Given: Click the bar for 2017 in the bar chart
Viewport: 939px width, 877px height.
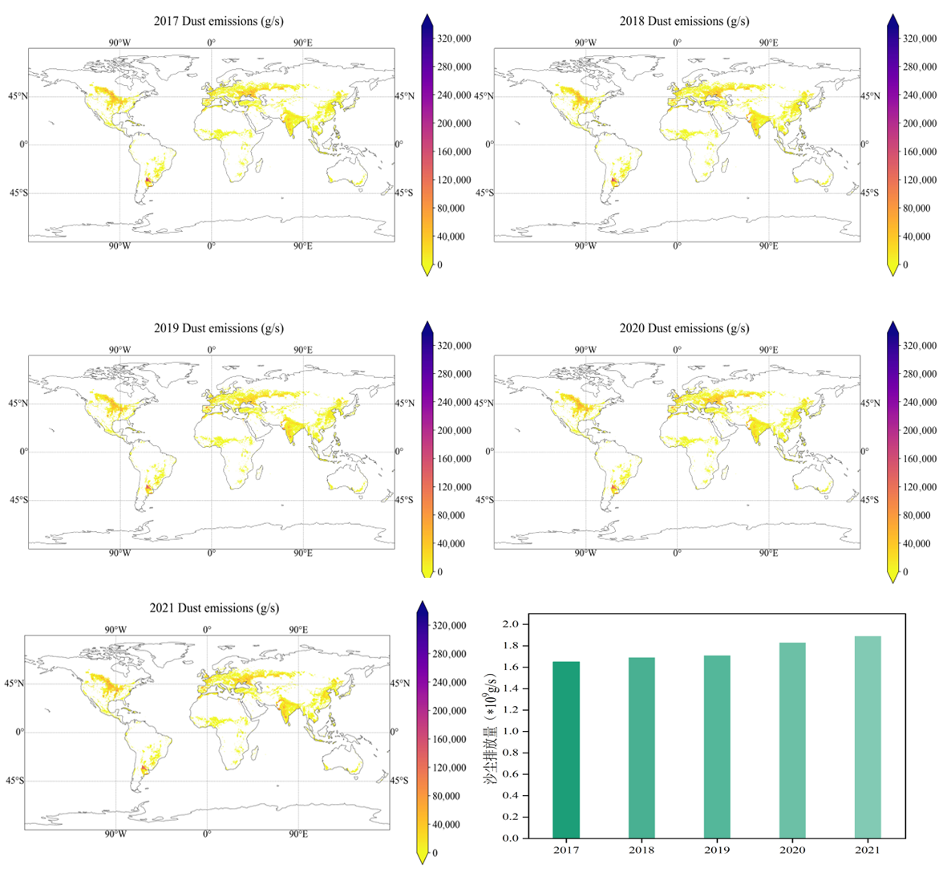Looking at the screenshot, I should click(x=566, y=749).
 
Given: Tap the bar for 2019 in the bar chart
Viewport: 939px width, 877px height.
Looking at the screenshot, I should click(x=717, y=746).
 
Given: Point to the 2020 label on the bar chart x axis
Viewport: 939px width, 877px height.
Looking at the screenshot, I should click(x=792, y=851).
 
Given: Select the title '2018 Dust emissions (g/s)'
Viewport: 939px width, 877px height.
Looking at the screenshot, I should click(x=684, y=21).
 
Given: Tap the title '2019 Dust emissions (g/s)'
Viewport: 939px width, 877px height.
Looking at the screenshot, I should click(x=219, y=328).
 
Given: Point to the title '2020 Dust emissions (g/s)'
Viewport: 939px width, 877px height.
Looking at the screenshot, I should click(x=684, y=328).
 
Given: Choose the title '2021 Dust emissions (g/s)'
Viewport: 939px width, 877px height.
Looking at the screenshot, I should click(x=214, y=608).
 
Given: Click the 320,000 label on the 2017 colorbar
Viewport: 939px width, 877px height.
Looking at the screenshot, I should click(x=453, y=39).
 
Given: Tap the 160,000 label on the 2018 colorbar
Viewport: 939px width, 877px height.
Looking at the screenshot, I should click(x=919, y=152).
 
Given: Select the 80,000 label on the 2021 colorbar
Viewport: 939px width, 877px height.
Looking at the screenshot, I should click(x=448, y=796).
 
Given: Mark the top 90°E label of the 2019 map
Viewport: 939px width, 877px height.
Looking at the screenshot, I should click(x=302, y=350).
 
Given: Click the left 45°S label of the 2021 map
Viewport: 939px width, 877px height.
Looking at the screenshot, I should click(x=14, y=781).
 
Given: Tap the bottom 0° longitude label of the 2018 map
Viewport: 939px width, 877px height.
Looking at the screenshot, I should click(x=677, y=246).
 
